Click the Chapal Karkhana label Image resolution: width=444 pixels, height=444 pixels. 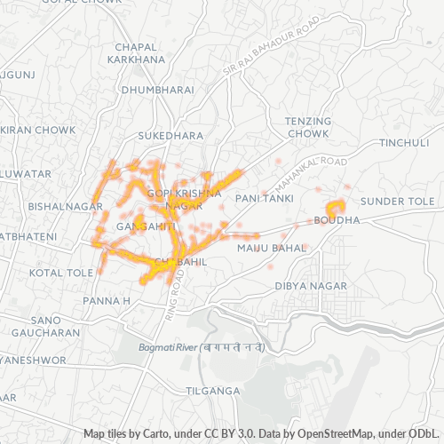point(136,52)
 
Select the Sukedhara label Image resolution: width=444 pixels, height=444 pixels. point(170,136)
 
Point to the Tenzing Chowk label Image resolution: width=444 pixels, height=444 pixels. point(307,126)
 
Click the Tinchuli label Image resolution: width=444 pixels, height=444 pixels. point(404,143)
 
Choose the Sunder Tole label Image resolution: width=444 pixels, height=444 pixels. point(399,202)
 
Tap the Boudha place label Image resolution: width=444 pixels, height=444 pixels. point(337,219)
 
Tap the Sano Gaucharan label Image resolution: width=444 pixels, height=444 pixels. point(46,325)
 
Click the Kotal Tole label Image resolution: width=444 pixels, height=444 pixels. point(60,273)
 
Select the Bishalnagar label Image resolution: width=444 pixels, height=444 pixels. point(54,204)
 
